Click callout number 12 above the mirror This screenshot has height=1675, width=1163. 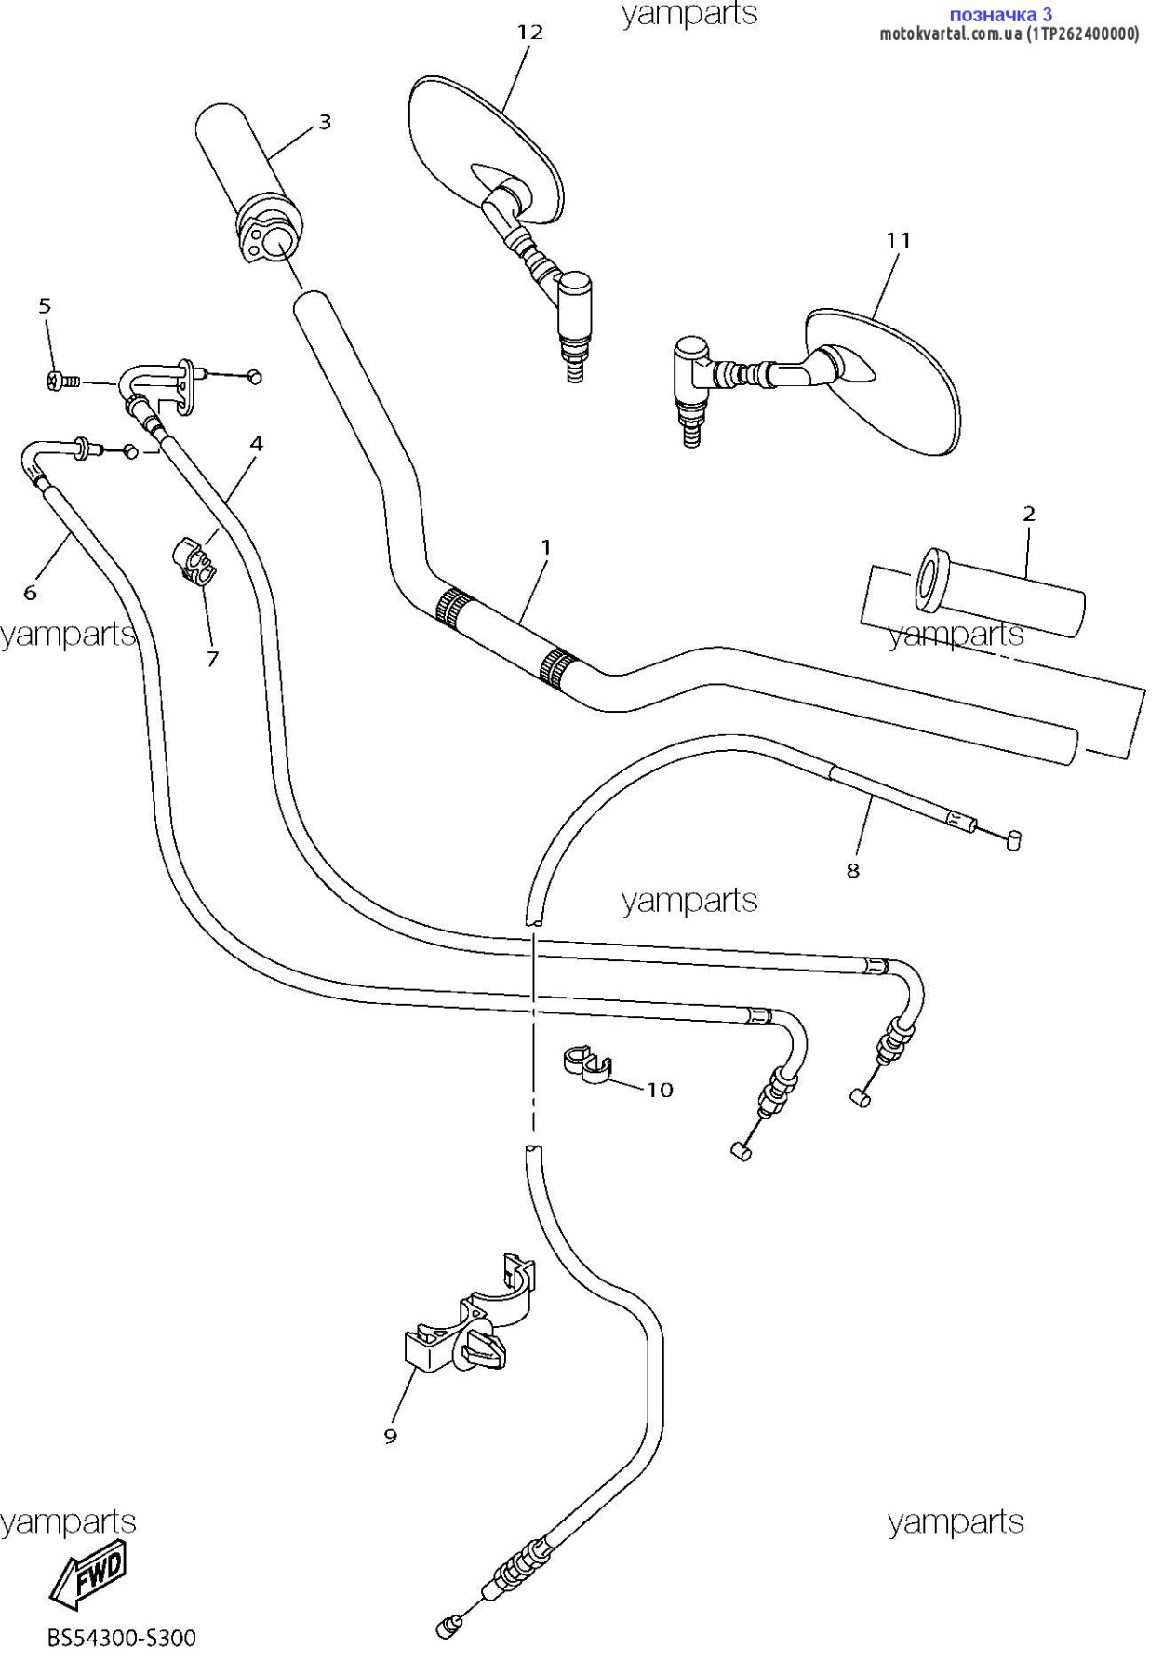coord(529,33)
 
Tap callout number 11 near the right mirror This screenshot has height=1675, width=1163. coord(898,240)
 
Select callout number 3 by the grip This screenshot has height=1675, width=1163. coord(325,122)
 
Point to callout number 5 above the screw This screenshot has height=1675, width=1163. coord(45,306)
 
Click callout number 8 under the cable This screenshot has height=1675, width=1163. coord(853,871)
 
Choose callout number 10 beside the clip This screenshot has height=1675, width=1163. coord(660,1090)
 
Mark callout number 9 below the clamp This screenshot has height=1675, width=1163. coord(391,1436)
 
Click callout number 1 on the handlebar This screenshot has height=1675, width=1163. coord(546,548)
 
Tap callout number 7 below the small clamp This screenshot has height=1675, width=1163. coord(213,659)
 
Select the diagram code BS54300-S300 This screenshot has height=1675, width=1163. coord(122,1638)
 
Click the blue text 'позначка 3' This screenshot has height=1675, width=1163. coord(1000,14)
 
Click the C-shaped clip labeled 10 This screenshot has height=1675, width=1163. coord(586,1066)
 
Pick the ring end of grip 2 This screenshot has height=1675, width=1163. coord(930,581)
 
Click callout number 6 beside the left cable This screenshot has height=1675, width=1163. coord(30,593)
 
